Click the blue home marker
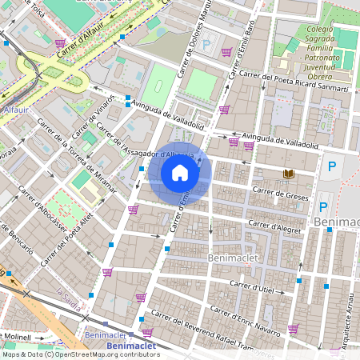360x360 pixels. pos(180,173)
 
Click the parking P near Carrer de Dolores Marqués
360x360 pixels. pos(207,47)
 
